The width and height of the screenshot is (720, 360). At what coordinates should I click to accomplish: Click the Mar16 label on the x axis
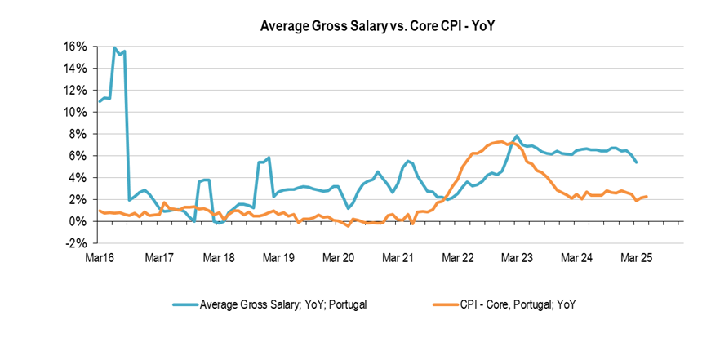coord(100,258)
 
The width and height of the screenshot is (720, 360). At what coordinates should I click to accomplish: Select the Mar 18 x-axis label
coord(219,258)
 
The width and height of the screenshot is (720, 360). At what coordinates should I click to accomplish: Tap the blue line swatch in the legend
coord(186,304)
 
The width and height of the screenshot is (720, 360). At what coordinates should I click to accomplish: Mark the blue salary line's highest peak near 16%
coord(114,48)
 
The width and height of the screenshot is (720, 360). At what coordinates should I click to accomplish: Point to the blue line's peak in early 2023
coord(517,136)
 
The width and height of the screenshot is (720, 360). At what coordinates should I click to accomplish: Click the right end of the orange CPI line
coord(648,196)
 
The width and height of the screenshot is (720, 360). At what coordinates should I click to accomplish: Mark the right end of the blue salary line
coord(637,162)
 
